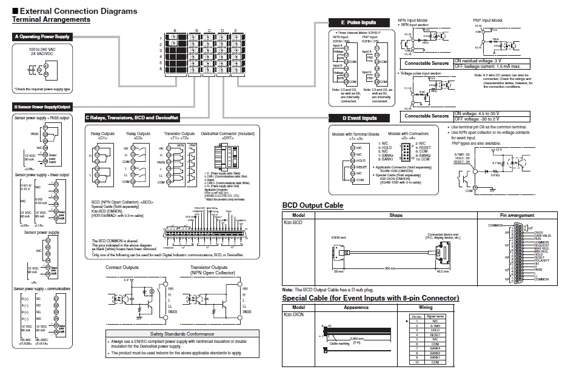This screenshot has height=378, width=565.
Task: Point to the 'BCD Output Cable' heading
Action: click(313, 205)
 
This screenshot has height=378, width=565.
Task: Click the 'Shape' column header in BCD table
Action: click(396, 214)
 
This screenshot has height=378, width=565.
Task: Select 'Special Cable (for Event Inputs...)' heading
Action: click(370, 298)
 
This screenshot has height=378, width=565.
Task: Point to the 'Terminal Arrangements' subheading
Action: click(51, 20)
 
